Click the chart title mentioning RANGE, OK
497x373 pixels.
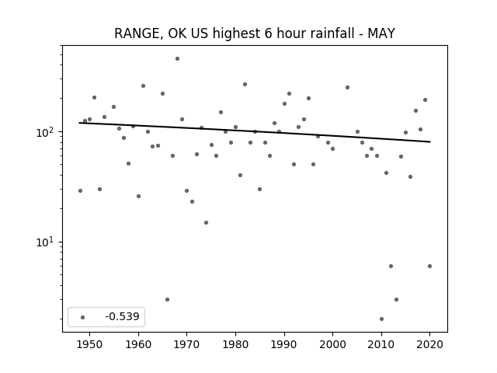pyautogui.click(x=255, y=33)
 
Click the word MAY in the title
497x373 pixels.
pyautogui.click(x=381, y=33)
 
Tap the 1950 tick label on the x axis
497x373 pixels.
pyautogui.click(x=90, y=344)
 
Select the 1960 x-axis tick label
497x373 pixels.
pyautogui.click(x=138, y=344)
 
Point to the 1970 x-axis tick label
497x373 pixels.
pyautogui.click(x=187, y=344)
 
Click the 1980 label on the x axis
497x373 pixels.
pyautogui.click(x=235, y=344)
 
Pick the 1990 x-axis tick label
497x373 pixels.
pyautogui.click(x=284, y=344)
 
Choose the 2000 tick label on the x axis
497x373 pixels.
pyautogui.click(x=333, y=344)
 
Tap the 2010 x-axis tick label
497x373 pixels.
pyautogui.click(x=381, y=344)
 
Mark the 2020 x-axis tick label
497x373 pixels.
pyautogui.click(x=429, y=344)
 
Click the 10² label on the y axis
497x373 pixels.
pyautogui.click(x=47, y=131)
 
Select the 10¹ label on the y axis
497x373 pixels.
pyautogui.click(x=47, y=242)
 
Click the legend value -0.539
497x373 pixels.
pyautogui.click(x=123, y=316)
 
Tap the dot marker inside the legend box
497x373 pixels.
pyautogui.click(x=83, y=317)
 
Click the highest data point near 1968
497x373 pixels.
pyautogui.click(x=178, y=59)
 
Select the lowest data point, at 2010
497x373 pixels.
pyautogui.click(x=381, y=319)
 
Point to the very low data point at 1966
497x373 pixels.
pyautogui.click(x=168, y=299)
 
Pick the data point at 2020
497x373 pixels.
pyautogui.click(x=429, y=266)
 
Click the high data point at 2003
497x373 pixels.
pyautogui.click(x=347, y=87)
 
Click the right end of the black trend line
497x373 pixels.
pyautogui.click(x=430, y=141)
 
